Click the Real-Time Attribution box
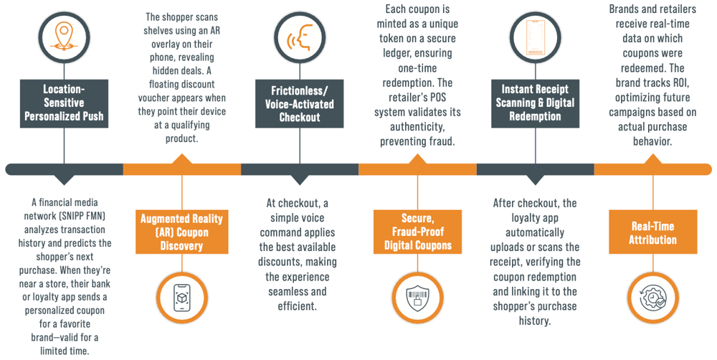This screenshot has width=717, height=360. [652, 232]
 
